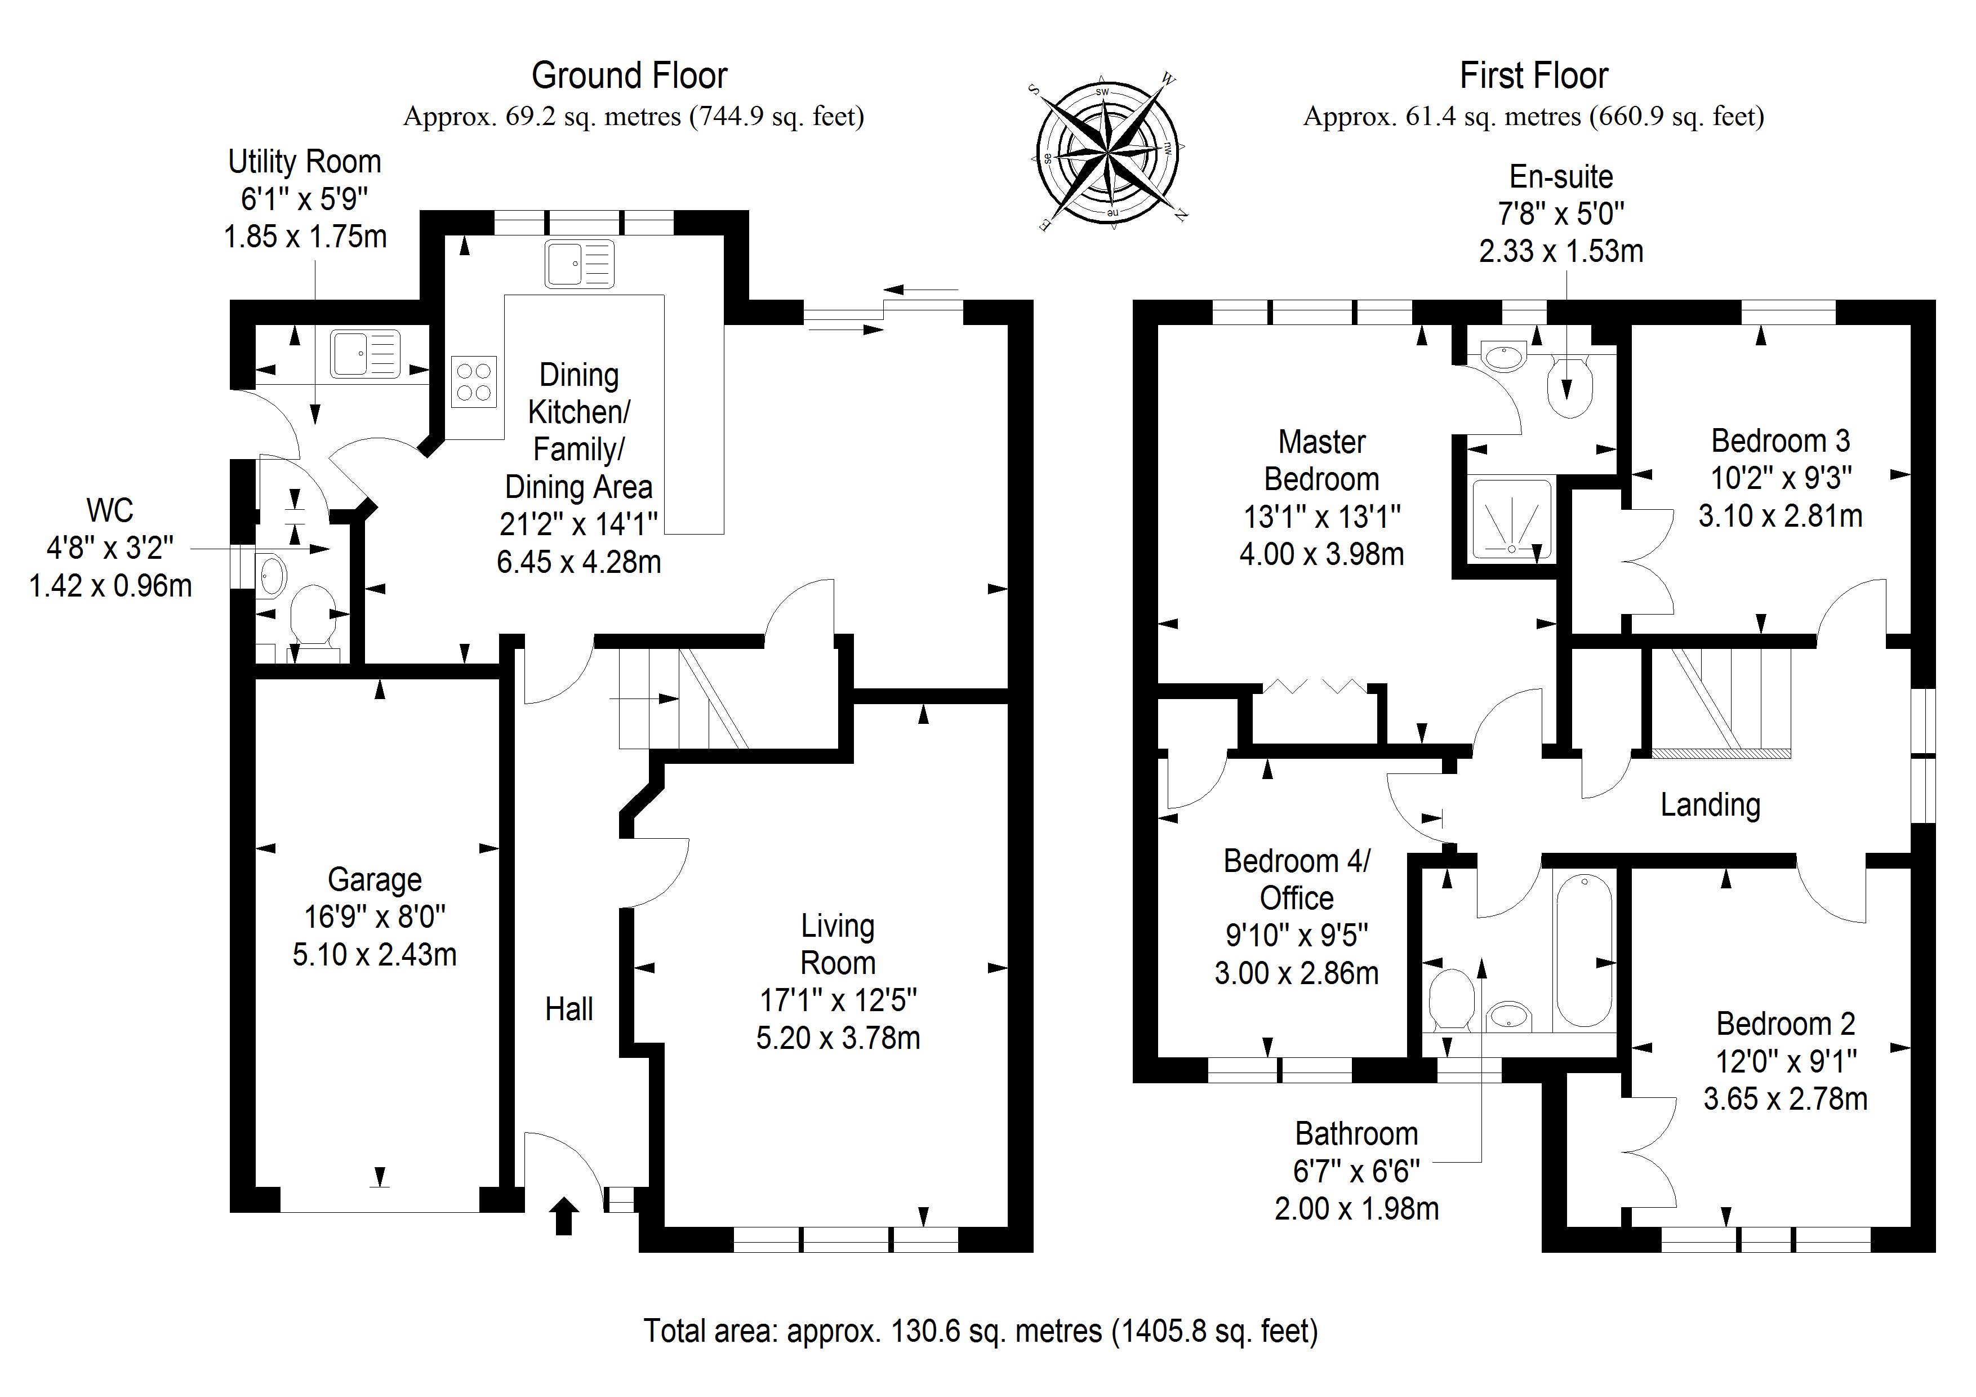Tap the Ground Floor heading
pos(629,75)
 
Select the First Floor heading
pos(1534,75)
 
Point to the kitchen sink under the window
pos(579,264)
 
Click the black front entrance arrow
pos(564,1216)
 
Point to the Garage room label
pos(375,880)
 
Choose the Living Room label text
pos(838,944)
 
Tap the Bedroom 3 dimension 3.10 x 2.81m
pos(1780,515)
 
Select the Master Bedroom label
pos(1322,460)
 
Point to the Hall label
pos(569,1009)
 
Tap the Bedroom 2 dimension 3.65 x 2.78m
pos(1785,1099)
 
